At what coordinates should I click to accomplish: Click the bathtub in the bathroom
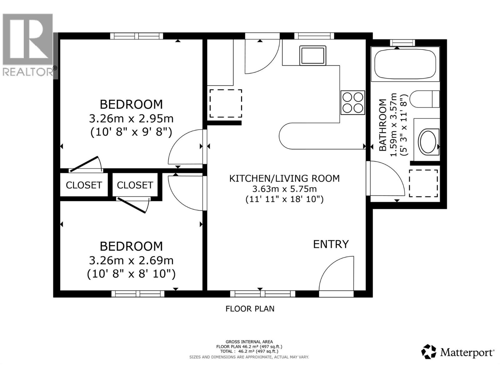(x=405, y=64)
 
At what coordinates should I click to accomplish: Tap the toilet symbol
(x=424, y=99)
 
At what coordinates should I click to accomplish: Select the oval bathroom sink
(x=428, y=142)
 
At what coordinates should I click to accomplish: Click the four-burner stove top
(x=352, y=102)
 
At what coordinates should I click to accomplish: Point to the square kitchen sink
(x=313, y=55)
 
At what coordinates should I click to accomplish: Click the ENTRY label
(x=331, y=244)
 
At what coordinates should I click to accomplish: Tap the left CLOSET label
(x=84, y=185)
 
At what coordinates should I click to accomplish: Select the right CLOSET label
(x=135, y=185)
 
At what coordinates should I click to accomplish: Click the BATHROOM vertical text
(x=383, y=125)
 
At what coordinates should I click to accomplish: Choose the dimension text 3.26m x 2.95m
(x=131, y=119)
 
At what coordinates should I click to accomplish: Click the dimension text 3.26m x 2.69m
(x=131, y=261)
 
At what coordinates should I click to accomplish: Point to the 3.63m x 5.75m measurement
(x=284, y=189)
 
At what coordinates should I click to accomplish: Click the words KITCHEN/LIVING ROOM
(x=284, y=178)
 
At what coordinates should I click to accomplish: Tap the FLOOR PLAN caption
(x=250, y=309)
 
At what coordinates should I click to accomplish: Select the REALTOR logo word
(x=28, y=72)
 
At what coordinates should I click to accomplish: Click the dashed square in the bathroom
(x=423, y=183)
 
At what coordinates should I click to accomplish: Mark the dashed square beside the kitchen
(x=226, y=104)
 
